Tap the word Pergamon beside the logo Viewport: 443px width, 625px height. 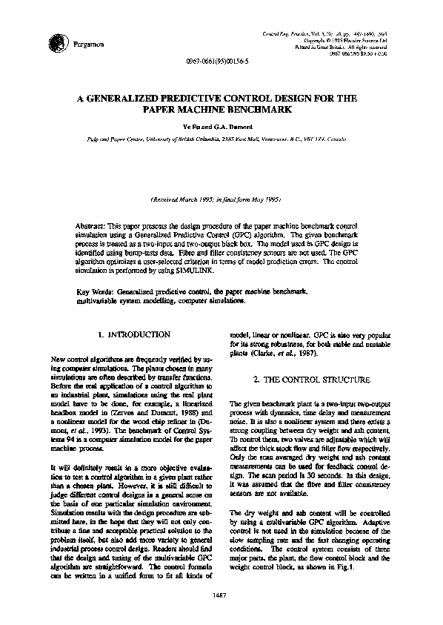(x=83, y=45)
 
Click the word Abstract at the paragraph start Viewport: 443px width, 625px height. (x=93, y=224)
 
